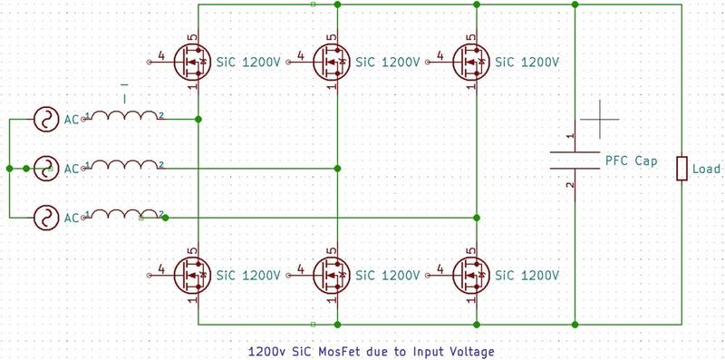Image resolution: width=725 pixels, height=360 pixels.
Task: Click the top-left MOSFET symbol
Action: click(x=193, y=63)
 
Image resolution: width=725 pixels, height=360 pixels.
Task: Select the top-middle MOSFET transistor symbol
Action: click(x=332, y=63)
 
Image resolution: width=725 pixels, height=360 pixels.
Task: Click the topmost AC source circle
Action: click(x=44, y=119)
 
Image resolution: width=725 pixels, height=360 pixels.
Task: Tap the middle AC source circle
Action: click(x=44, y=168)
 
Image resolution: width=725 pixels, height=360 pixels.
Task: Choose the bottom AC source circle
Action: click(x=44, y=217)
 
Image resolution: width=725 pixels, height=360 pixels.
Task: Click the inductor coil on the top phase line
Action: click(x=123, y=116)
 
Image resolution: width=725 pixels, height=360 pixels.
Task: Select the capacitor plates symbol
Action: click(x=576, y=161)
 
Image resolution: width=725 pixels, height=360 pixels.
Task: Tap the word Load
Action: click(x=706, y=170)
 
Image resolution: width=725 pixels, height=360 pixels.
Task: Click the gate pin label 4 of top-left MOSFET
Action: click(x=161, y=57)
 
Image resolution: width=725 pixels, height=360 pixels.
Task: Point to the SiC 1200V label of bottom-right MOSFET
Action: click(x=526, y=274)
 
